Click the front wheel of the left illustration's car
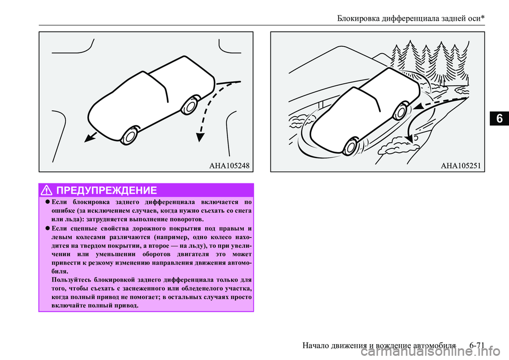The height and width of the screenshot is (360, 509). (x=128, y=136)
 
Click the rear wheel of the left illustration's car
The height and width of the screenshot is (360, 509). (x=188, y=106)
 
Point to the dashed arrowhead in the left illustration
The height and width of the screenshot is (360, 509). (x=200, y=137)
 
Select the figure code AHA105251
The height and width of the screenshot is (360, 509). (x=460, y=165)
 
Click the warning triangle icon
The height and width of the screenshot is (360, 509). (x=48, y=190)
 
